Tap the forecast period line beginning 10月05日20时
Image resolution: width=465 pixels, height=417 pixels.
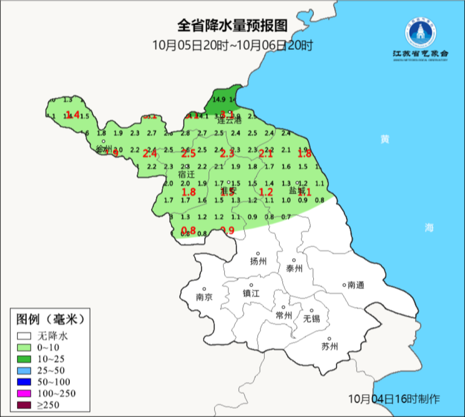232,46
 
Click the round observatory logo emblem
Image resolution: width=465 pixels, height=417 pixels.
420,32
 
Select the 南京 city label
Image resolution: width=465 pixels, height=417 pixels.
204,297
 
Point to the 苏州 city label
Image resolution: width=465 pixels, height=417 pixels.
329,346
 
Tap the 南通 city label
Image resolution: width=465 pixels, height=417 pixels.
356,285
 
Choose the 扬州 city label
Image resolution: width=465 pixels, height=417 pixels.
258,262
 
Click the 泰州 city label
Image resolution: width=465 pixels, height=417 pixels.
294,268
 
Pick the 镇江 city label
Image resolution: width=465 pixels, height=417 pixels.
251,293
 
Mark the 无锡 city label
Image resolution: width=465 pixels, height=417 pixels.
311,319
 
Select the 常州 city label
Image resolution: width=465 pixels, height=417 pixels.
283,315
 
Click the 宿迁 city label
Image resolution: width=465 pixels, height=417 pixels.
186,173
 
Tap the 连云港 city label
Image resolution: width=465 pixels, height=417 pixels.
230,121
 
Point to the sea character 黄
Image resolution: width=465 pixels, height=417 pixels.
385,139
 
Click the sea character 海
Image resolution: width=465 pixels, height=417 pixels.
429,228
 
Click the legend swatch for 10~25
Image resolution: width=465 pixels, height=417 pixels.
24,359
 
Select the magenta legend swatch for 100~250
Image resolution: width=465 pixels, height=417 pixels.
24,393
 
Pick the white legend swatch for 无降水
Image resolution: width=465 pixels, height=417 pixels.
24,336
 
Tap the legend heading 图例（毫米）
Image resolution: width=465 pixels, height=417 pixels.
50,319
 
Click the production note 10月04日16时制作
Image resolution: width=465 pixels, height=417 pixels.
394,399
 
